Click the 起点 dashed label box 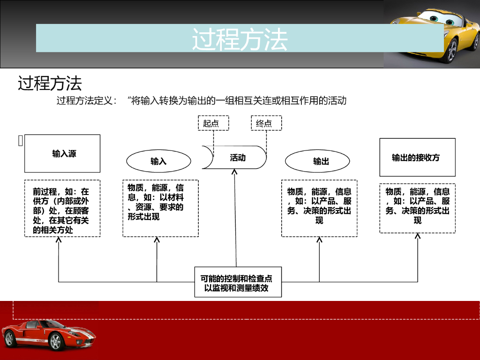[x=213, y=123]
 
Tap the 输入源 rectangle [x=62, y=153]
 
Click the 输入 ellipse [x=158, y=161]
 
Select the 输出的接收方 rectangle [x=417, y=157]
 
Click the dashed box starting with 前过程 [x=62, y=209]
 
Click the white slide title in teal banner [x=240, y=38]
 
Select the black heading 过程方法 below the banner [x=50, y=83]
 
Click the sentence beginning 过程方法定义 [x=202, y=100]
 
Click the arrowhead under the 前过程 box [x=59, y=240]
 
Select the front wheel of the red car [x=56, y=342]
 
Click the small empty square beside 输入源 [x=20, y=141]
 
